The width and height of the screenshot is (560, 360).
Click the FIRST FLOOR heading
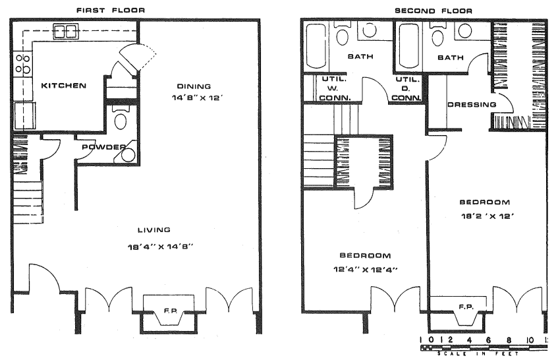[x=111, y=11]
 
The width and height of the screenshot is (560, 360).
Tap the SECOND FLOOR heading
[x=434, y=11]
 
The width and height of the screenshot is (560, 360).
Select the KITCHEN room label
[x=63, y=86]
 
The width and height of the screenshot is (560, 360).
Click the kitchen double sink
[x=66, y=31]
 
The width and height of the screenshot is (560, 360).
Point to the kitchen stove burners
[x=22, y=64]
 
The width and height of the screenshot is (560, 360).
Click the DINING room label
[x=194, y=86]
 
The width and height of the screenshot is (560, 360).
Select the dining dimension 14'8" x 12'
[x=198, y=98]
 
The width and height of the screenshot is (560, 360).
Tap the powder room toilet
[x=121, y=118]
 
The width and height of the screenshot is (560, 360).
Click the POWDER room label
[x=103, y=147]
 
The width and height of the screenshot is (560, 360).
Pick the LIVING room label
[x=154, y=230]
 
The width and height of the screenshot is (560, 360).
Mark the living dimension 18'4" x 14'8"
[x=161, y=247]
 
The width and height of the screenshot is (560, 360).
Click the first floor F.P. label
[x=171, y=311]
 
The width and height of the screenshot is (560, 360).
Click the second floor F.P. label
[x=466, y=307]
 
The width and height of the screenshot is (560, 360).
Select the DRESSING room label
[x=472, y=105]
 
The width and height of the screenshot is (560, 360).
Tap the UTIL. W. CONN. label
[x=335, y=88]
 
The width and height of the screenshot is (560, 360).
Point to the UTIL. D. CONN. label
[x=406, y=88]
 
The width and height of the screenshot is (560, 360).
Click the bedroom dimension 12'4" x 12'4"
[x=366, y=270]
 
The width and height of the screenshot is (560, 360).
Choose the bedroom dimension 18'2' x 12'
[x=487, y=216]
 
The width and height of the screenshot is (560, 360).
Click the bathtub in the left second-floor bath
[x=316, y=45]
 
